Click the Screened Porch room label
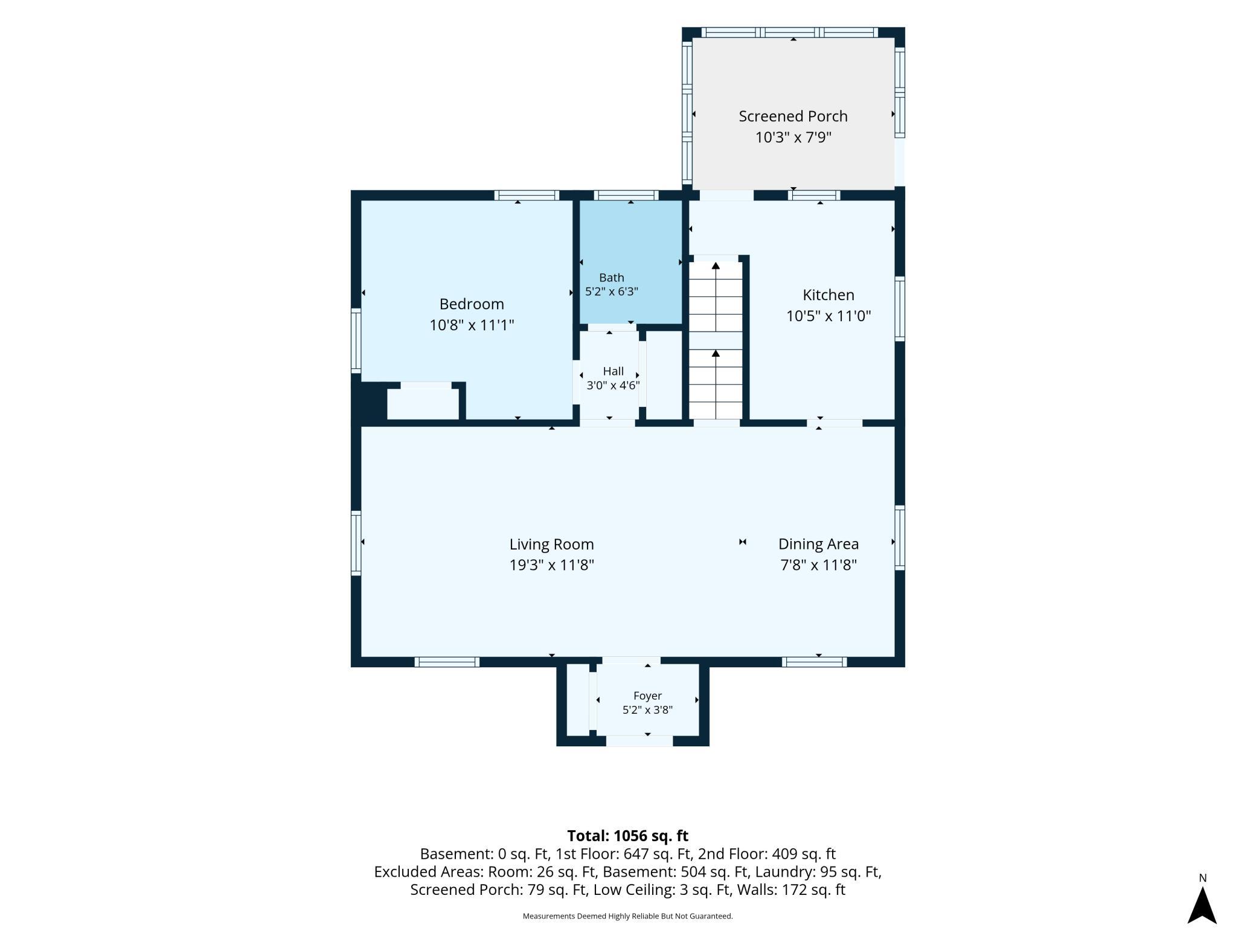coord(793,116)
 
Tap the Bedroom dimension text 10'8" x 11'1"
coord(472,325)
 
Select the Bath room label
coord(612,278)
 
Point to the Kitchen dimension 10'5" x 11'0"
coord(828,316)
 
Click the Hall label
coord(614,371)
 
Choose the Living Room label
coord(552,544)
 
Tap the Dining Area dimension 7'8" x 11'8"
coord(818,565)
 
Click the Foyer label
coord(648,696)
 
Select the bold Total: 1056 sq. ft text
coord(628,836)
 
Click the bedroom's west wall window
coord(356,340)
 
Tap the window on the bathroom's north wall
coord(626,195)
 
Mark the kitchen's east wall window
coord(900,309)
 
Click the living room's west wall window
coord(356,542)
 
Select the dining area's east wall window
coord(900,537)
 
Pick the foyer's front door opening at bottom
coord(639,741)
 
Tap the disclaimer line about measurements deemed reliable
coord(628,916)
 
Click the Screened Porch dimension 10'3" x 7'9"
coord(793,137)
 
